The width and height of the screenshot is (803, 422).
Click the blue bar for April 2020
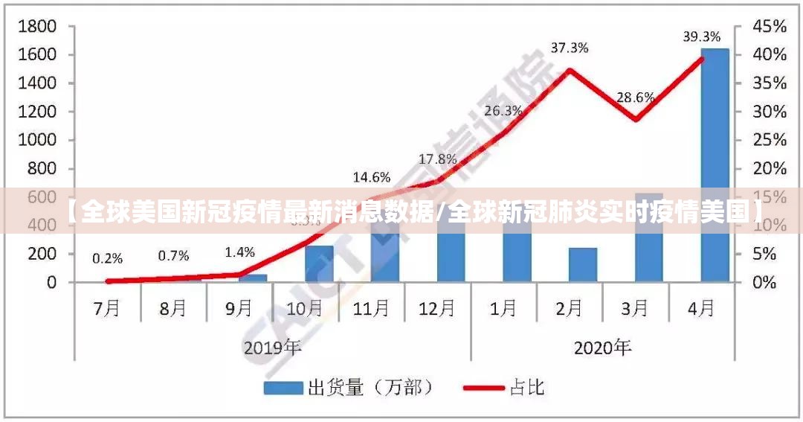715,164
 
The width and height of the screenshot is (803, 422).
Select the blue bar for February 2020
583,264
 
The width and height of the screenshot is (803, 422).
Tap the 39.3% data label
702,36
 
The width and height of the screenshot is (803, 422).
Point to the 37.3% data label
570,48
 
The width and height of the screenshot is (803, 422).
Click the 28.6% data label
635,97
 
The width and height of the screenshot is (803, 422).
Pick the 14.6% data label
372,177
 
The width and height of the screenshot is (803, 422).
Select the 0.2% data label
108,258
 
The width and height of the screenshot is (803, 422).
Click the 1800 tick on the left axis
37,27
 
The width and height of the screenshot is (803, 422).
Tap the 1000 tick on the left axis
37,140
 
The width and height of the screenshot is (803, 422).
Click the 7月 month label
108,308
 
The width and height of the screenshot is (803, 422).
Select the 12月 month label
437,308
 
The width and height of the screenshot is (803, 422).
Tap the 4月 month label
701,308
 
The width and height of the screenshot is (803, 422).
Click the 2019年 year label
273,347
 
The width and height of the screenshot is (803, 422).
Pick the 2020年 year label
602,347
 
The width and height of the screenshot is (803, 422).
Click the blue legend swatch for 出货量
283,388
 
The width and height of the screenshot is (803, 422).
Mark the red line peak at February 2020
570,70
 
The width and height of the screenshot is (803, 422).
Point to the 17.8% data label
438,159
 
